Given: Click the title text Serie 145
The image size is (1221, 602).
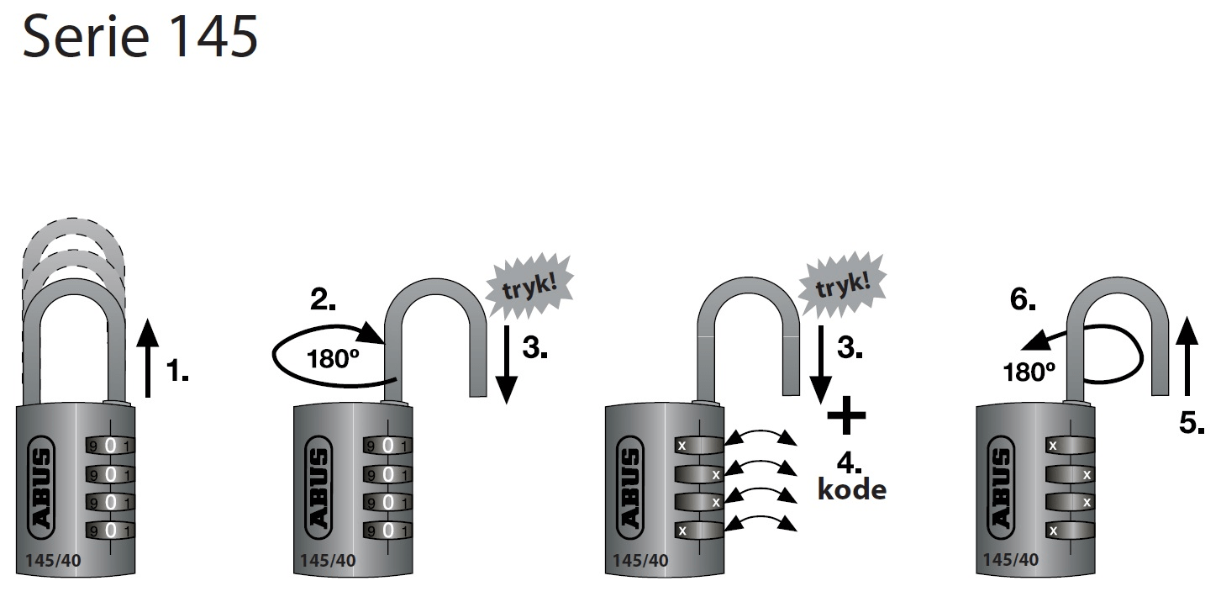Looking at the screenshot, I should click(139, 38).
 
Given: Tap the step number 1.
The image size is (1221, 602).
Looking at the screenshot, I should click(176, 371).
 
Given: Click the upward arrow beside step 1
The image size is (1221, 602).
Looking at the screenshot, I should click(147, 358).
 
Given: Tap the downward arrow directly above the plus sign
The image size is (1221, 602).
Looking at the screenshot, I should click(819, 362).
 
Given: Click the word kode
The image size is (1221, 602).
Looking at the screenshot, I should click(851, 489).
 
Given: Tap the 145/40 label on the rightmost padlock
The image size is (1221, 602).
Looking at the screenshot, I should click(1010, 560).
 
